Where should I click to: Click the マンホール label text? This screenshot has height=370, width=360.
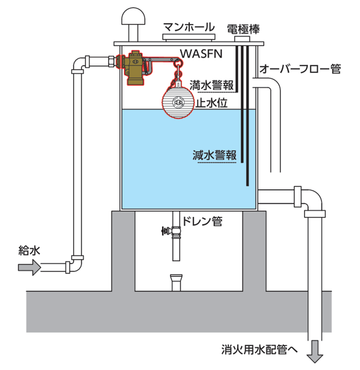[189, 27]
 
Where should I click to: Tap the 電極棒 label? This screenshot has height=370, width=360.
[243, 29]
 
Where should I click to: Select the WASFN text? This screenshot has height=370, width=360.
[201, 54]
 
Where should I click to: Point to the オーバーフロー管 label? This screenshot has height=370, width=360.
[300, 69]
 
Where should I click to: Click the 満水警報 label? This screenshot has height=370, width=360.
[212, 85]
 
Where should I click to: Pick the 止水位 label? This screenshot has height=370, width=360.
[212, 103]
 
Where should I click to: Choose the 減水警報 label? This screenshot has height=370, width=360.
[214, 155]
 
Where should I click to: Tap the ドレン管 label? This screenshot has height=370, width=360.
[202, 221]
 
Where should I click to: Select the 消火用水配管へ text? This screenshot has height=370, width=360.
[259, 349]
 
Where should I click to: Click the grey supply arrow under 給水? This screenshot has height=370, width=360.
[29, 267]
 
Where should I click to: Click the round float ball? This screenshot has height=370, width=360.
[178, 102]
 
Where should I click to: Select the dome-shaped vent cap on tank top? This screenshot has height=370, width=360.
[133, 16]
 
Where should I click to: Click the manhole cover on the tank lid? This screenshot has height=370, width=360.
[189, 37]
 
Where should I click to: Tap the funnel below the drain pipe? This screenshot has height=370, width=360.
[176, 282]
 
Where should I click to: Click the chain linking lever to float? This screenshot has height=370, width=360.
[178, 71]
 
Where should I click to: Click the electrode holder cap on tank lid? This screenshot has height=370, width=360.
[242, 39]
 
